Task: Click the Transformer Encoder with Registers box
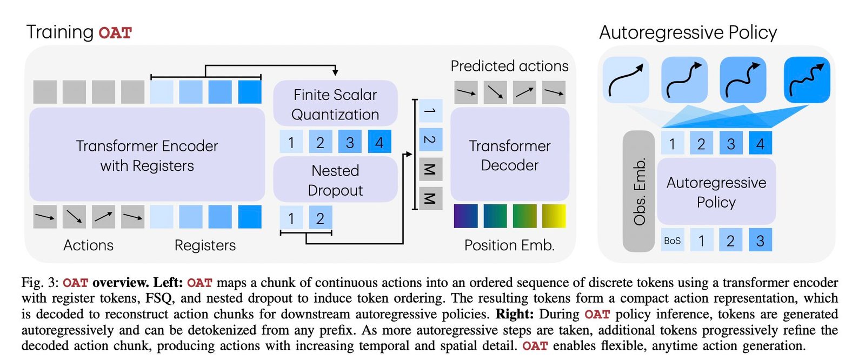(147, 155)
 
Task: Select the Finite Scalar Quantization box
(335, 104)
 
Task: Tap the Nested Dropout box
(335, 180)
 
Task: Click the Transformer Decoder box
(509, 155)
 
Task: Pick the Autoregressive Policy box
(716, 192)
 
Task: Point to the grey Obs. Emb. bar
(639, 191)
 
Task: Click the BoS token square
(672, 241)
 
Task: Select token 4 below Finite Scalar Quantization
(379, 142)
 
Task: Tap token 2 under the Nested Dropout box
(320, 218)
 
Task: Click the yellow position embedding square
(554, 216)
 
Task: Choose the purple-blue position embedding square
(465, 216)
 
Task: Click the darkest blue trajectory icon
(807, 80)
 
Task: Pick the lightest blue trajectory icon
(626, 80)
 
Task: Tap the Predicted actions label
(509, 66)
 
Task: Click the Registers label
(205, 245)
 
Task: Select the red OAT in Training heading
(115, 33)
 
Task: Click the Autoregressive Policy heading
(688, 32)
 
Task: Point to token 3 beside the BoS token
(760, 241)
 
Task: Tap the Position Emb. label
(509, 245)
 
